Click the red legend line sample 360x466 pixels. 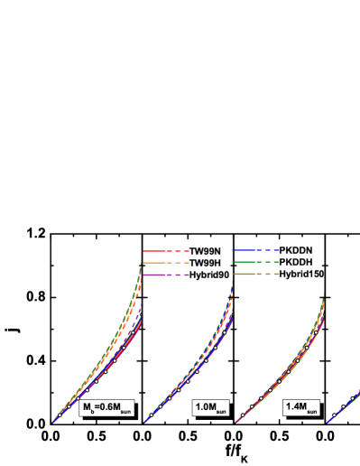pos(166,251)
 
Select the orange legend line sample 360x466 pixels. pos(166,262)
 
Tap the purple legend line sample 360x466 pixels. pos(166,275)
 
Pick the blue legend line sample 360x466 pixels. pos(256,249)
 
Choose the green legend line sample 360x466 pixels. pos(256,262)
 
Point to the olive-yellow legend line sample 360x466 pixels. pos(256,274)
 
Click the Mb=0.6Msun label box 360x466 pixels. pos(106,407)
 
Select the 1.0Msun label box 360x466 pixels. pos(210,408)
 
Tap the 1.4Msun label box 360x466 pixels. pos(300,408)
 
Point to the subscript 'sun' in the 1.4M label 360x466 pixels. pos(310,411)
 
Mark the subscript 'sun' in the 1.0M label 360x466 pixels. pos(220,411)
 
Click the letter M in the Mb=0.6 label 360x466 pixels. pos(88,406)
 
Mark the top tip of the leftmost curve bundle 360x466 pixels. pos(142,264)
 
